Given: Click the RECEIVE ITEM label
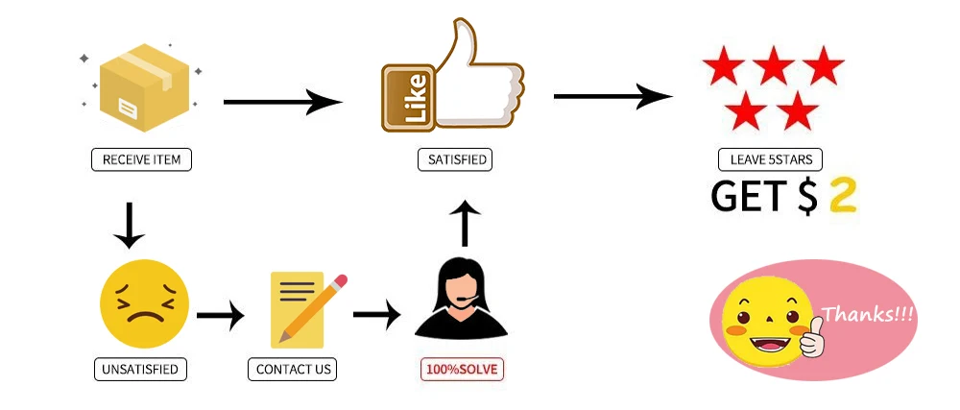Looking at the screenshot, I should click(x=141, y=159).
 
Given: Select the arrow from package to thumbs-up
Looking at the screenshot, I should click(x=282, y=102).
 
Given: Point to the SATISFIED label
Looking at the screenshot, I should click(x=454, y=159).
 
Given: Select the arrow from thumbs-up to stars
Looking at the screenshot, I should click(x=612, y=96).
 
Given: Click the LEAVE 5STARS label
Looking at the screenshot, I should click(x=770, y=159).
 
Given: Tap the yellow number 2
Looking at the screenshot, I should click(x=842, y=196).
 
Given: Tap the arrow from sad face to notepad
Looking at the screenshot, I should click(x=221, y=315).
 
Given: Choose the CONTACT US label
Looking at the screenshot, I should click(x=293, y=369).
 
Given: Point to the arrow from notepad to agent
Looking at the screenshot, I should click(x=376, y=313).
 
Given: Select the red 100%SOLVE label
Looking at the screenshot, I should click(x=462, y=369).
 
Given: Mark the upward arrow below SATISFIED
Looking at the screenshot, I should click(x=465, y=223).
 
